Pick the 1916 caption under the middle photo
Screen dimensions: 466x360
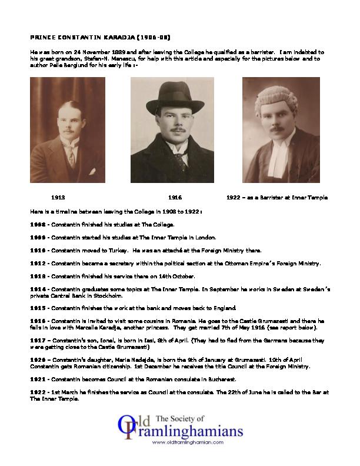[175, 198]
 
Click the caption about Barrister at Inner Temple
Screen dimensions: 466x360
[276, 198]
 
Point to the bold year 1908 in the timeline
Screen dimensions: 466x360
[37, 225]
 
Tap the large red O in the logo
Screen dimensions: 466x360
[125, 427]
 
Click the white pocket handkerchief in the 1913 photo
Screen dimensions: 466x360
[91, 171]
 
